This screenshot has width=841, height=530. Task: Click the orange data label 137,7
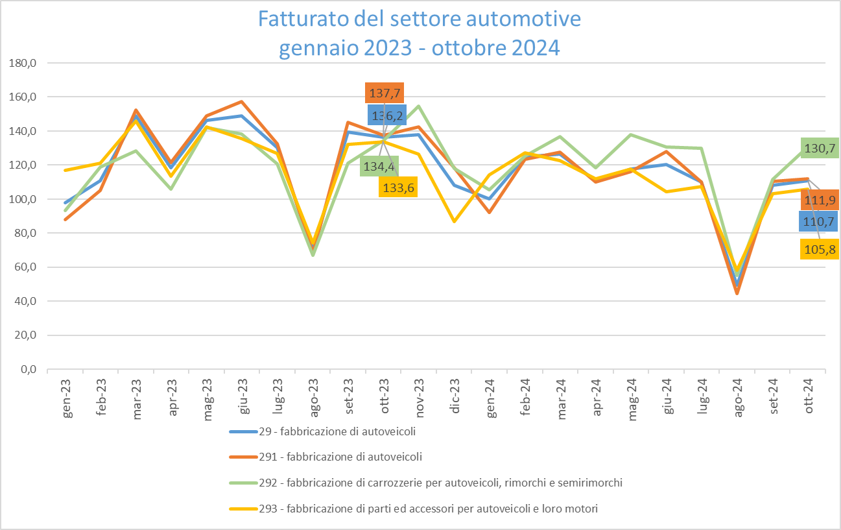point(385,93)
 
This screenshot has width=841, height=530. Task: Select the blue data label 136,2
point(387,115)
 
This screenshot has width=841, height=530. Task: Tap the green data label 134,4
point(379,165)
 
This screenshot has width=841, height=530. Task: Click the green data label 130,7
point(819,148)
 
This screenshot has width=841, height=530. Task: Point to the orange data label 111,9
point(820,200)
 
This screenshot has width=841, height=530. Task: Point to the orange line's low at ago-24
point(737,293)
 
